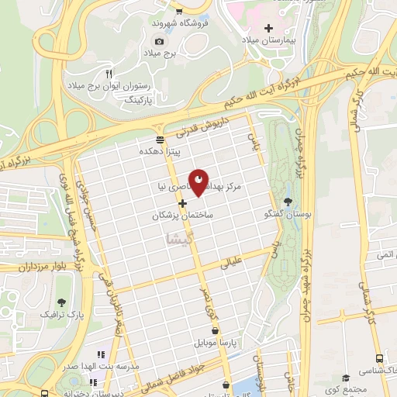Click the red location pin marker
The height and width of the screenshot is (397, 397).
[x=199, y=181]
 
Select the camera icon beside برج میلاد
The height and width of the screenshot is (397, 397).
[x=160, y=41]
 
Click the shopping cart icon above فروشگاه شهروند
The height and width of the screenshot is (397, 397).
[x=180, y=12]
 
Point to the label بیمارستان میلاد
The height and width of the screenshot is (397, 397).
[x=269, y=40]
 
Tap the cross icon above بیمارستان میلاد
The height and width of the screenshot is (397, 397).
[x=269, y=27]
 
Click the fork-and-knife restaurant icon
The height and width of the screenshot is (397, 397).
[x=119, y=74]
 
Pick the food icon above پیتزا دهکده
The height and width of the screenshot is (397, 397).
[x=160, y=140]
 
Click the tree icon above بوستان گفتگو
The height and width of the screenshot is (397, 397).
[x=288, y=202]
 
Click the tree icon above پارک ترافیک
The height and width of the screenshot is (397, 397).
[x=61, y=302]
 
